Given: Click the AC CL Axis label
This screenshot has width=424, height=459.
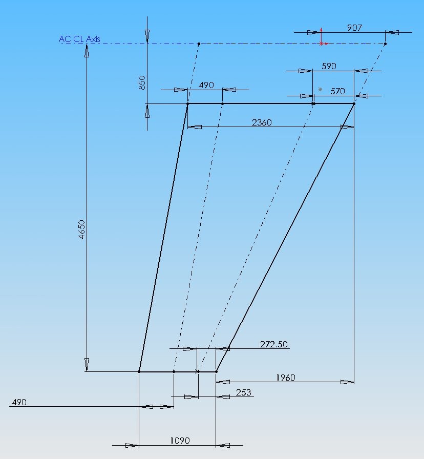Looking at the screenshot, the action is pyautogui.click(x=79, y=39).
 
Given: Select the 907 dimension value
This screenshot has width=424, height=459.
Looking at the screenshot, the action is pyautogui.click(x=354, y=28).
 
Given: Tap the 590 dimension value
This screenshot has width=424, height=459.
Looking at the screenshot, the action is pyautogui.click(x=329, y=66).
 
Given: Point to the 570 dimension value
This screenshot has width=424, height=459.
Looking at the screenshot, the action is pyautogui.click(x=337, y=91).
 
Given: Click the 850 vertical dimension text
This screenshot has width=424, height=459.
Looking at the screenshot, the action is pyautogui.click(x=142, y=82).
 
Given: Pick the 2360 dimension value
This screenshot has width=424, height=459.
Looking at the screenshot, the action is pyautogui.click(x=262, y=122).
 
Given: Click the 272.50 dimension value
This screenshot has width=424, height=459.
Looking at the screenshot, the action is pyautogui.click(x=273, y=344).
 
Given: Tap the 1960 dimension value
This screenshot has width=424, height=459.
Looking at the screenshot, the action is pyautogui.click(x=286, y=378).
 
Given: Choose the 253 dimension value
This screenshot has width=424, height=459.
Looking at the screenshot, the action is pyautogui.click(x=243, y=392).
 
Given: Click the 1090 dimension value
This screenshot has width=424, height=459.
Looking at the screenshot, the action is pyautogui.click(x=180, y=440).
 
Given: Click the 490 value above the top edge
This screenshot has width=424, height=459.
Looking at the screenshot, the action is pyautogui.click(x=206, y=85).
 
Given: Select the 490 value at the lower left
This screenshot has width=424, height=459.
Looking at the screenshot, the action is pyautogui.click(x=19, y=402).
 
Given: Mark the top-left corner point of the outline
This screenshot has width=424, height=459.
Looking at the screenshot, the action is pyautogui.click(x=187, y=103).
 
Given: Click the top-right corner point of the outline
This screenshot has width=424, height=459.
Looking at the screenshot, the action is pyautogui.click(x=354, y=103).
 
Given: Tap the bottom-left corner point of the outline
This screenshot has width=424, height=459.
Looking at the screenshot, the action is pyautogui.click(x=139, y=371).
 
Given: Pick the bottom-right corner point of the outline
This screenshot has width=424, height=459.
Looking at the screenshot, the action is pyautogui.click(x=216, y=371).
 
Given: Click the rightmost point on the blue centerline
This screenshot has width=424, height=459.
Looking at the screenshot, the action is pyautogui.click(x=385, y=44).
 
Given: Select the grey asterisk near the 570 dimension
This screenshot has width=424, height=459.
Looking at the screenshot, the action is pyautogui.click(x=320, y=89).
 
